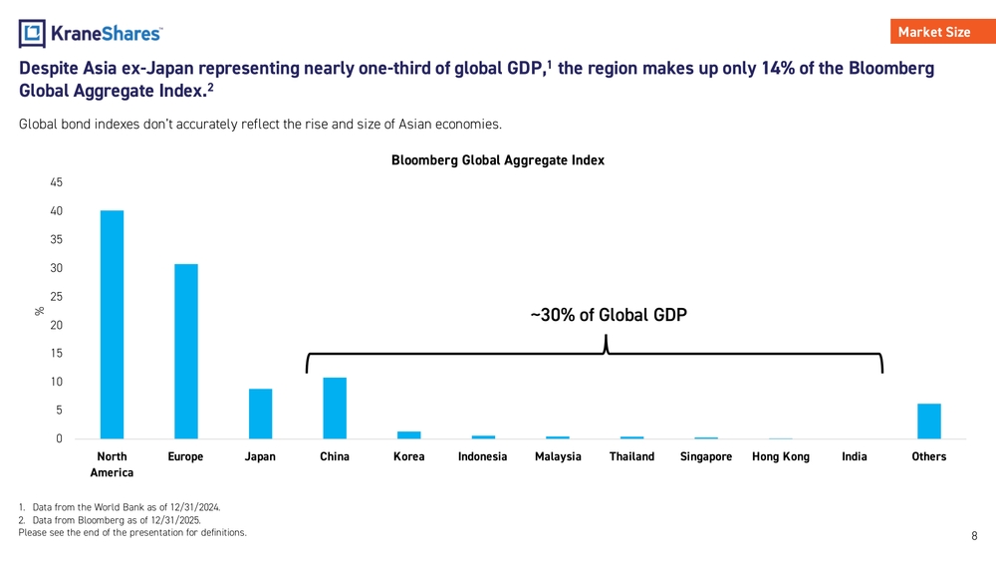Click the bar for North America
112,324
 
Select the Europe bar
186,351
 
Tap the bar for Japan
260,414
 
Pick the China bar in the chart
335,408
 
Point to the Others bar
928,421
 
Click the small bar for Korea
408,434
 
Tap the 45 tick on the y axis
56,182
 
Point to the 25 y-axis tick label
56,297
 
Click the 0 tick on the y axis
59,438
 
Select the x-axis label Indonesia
482,456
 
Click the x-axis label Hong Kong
780,456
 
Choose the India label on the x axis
855,456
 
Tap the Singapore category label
706,456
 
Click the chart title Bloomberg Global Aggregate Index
498,159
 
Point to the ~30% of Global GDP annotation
609,316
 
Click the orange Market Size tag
933,32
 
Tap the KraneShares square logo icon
32,34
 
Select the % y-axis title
40,311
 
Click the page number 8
974,536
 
